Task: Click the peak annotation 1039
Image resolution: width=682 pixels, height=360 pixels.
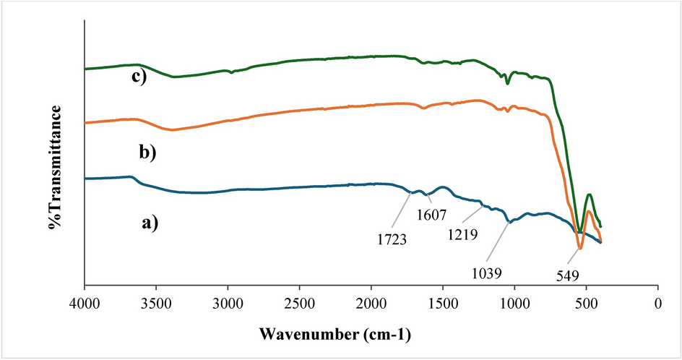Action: click(x=488, y=273)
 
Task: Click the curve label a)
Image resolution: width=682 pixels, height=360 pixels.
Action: click(x=149, y=223)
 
